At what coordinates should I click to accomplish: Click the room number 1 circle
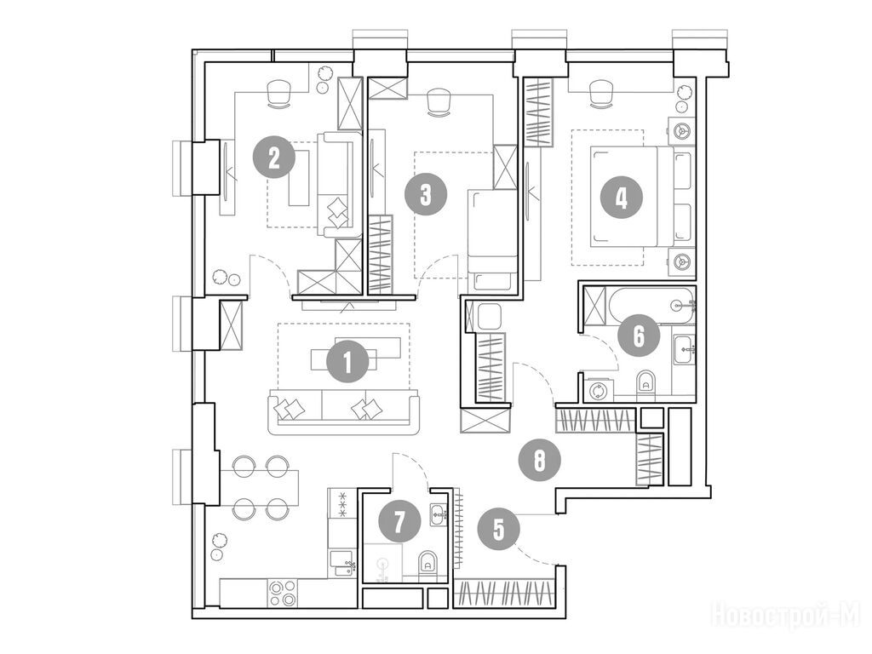point(347,362)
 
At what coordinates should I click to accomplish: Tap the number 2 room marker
point(273,158)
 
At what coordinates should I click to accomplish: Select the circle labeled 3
point(426,195)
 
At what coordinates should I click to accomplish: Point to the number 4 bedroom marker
point(621,197)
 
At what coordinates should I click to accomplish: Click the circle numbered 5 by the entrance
point(498,529)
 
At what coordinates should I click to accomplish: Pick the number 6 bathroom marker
point(639,336)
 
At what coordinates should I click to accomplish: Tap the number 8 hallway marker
point(539,460)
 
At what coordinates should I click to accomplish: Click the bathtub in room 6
point(651,306)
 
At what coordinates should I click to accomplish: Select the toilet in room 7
point(427,563)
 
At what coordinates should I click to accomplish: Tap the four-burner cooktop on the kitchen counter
point(283,593)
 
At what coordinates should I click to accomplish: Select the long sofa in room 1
point(343,412)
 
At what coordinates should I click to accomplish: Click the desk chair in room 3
point(438,102)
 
